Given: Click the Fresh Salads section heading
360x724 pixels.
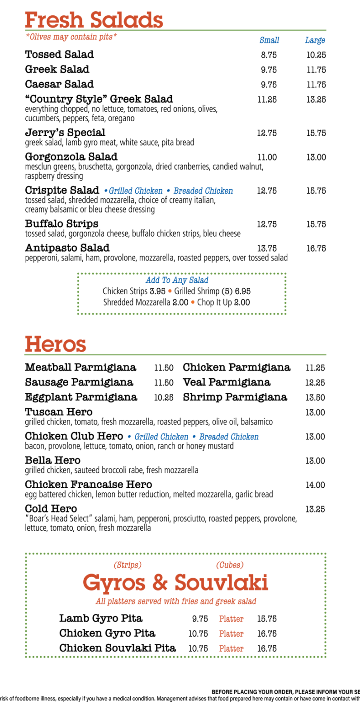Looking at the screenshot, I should pos(94,20).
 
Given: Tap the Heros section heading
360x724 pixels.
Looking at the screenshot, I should pos(55,344).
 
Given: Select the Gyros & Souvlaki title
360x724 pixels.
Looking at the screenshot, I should pos(175,582).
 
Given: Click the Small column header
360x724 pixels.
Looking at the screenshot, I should pos(269,40).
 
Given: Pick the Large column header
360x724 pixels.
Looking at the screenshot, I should pos(315,40).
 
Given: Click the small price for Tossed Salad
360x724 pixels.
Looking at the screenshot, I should pos(269,55).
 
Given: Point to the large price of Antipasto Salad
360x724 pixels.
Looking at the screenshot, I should pos(316,248).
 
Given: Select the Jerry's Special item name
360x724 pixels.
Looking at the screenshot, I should pos(65,133).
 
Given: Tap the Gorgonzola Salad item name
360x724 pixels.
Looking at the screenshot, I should pos(71,157).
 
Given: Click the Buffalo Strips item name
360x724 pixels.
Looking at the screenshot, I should pos(62,224).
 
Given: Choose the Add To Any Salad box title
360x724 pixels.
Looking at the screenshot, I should pos(177,281).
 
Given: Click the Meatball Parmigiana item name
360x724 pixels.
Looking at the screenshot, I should pos(81,367).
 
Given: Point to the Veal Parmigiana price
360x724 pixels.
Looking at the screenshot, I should pos(315,383).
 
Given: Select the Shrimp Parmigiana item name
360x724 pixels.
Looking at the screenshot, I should pos(235,397).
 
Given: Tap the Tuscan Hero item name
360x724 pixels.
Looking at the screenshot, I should pos(59,412).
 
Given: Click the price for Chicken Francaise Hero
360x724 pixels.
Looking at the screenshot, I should pos(315,485).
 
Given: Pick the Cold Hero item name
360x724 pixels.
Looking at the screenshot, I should pos(51,509).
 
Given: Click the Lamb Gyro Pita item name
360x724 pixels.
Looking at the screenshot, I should pos(100,618).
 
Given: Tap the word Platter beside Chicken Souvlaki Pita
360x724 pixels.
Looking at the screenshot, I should pos(231,648).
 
